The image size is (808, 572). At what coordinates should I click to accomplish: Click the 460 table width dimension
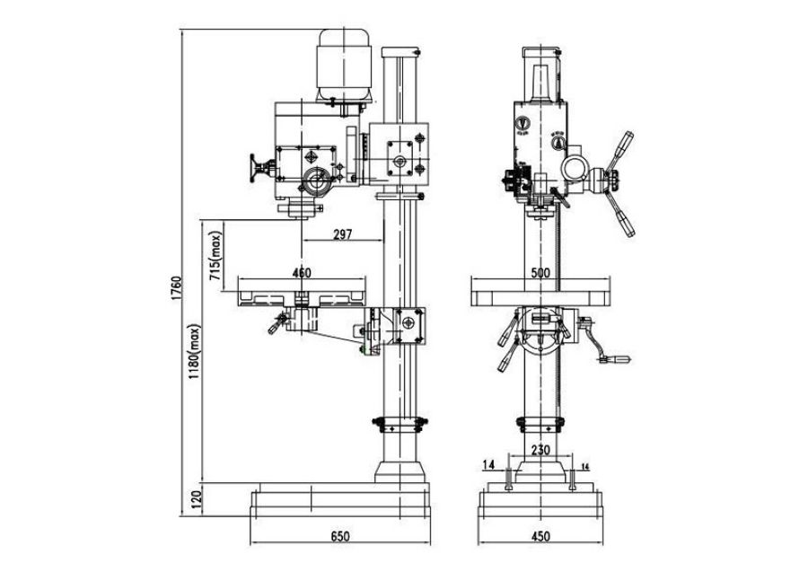[x=301, y=272]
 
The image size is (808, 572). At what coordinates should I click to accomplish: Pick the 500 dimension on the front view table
[x=540, y=272]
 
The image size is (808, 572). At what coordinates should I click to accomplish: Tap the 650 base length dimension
[x=339, y=536]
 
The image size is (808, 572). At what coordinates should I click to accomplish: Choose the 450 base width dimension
[x=541, y=536]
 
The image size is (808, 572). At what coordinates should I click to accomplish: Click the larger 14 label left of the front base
[x=488, y=464]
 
